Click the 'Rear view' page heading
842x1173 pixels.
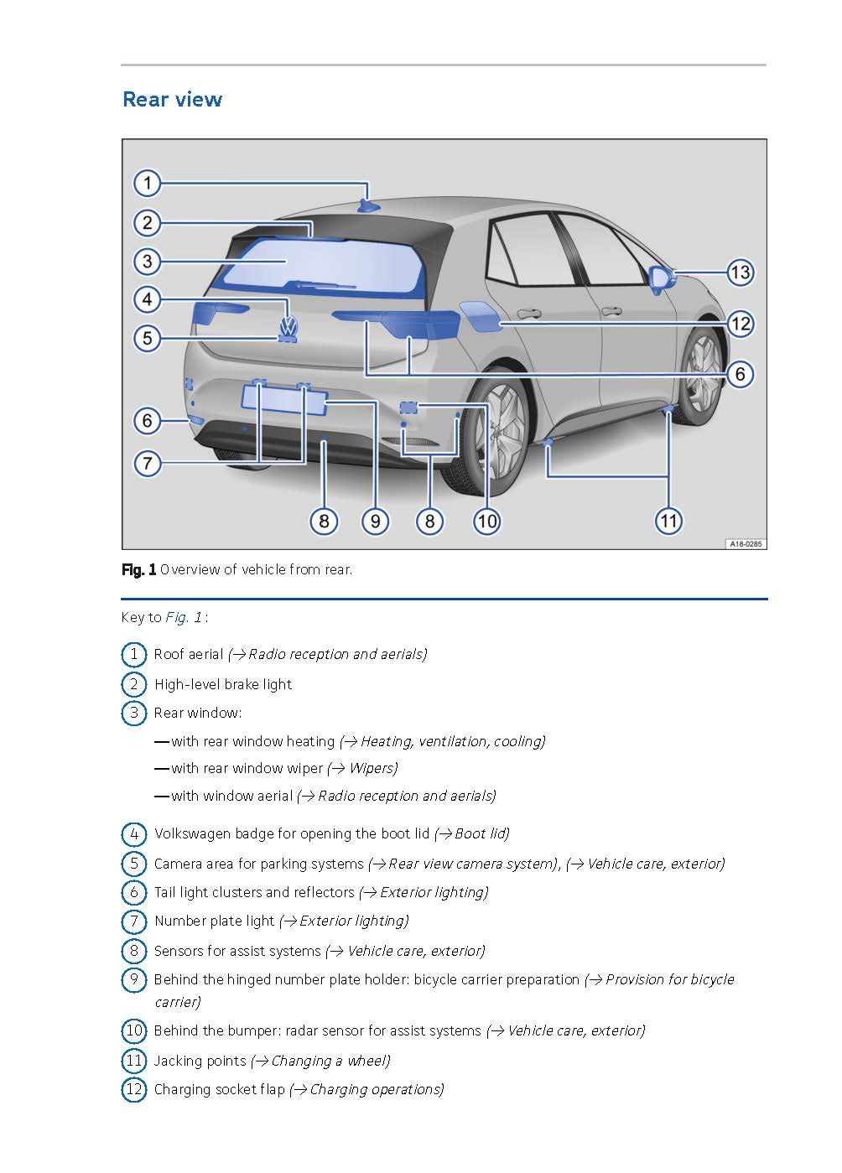click(172, 99)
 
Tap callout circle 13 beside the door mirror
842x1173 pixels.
click(739, 272)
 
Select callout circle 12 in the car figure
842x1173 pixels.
click(740, 324)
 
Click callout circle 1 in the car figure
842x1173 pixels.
click(148, 183)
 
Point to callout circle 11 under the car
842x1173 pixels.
click(668, 521)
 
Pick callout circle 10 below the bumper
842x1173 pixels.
click(486, 521)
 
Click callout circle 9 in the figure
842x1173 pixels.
click(375, 521)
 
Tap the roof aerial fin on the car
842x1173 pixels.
click(367, 205)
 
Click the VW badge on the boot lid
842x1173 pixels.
click(289, 325)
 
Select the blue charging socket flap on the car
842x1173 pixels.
click(480, 317)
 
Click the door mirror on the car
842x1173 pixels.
click(662, 278)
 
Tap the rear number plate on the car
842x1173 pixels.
click(283, 397)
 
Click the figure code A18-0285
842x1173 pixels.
click(745, 543)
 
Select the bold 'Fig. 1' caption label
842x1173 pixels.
click(138, 570)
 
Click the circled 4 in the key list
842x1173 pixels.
click(133, 834)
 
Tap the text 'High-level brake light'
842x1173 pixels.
click(223, 684)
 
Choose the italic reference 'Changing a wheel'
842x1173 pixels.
click(330, 1061)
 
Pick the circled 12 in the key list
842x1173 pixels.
click(133, 1090)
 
